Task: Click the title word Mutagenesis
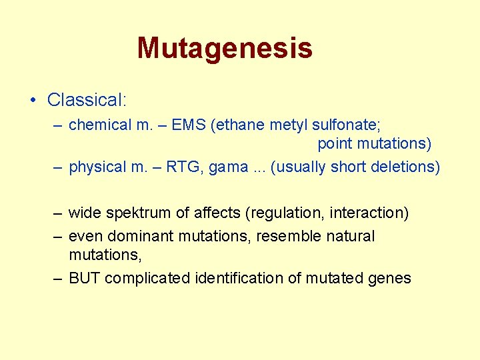tap(225, 48)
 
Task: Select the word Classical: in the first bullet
tap(87, 100)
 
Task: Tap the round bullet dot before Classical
tap(33, 101)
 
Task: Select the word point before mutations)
tap(335, 143)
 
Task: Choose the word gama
tap(228, 167)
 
